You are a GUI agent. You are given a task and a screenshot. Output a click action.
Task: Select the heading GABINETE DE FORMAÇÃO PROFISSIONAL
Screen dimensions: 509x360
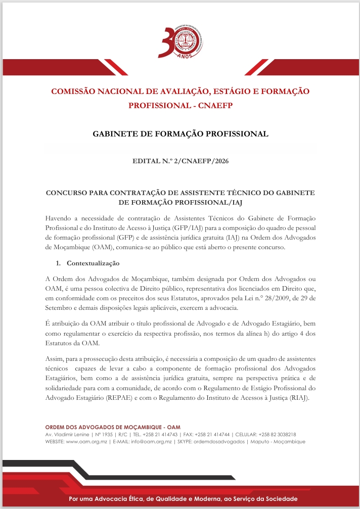point(180,134)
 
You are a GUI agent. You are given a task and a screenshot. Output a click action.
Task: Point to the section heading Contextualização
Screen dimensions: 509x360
point(93,263)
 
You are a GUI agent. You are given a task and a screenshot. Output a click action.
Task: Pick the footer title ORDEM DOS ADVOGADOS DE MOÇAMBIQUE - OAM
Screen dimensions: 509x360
point(112,427)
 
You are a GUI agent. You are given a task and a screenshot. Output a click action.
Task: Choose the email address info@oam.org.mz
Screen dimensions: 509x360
point(152,441)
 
